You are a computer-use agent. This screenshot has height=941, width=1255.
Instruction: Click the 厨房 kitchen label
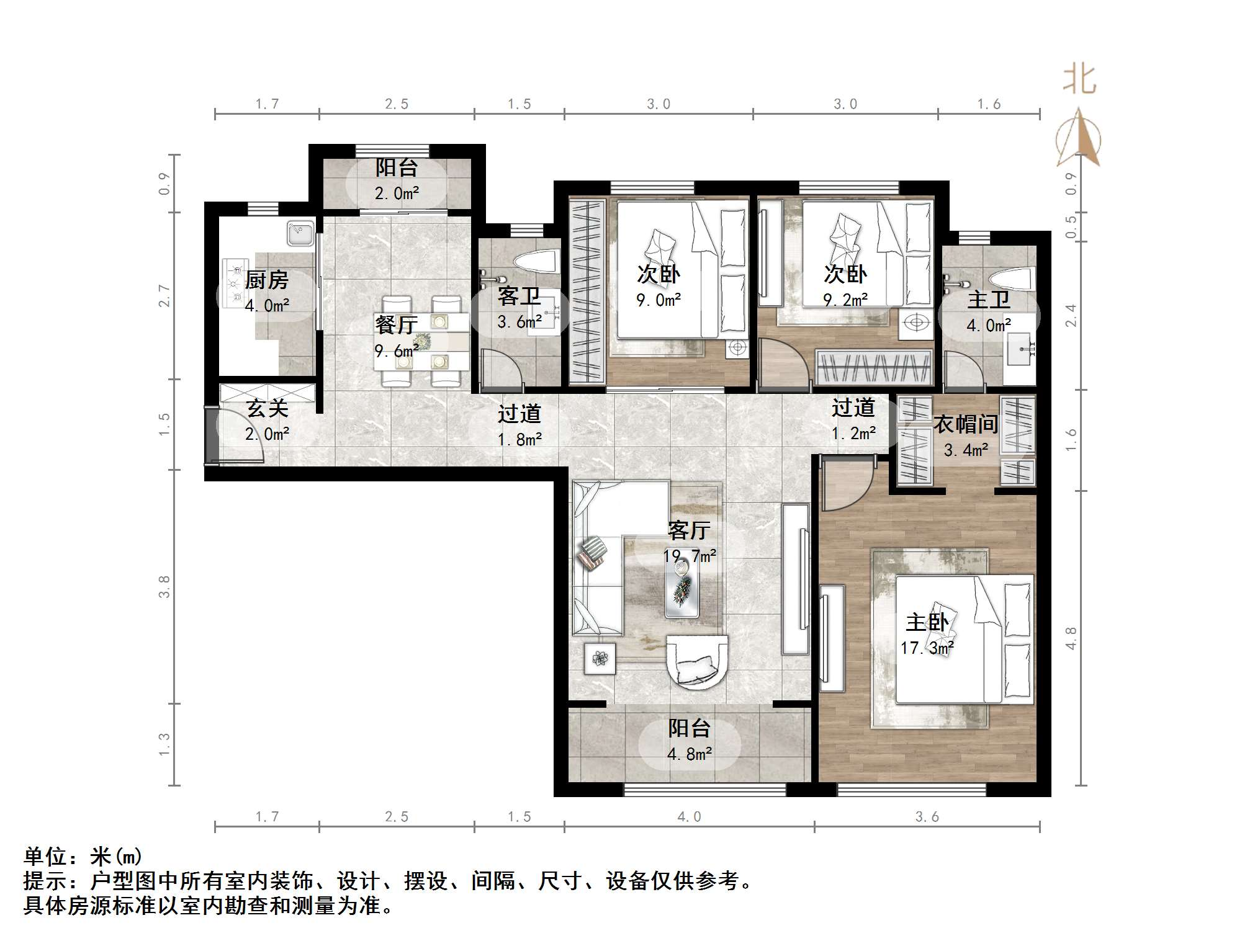(x=266, y=280)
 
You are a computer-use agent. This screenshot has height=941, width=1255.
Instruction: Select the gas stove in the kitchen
(x=235, y=284)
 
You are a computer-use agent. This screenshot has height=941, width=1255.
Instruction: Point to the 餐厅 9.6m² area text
(x=396, y=351)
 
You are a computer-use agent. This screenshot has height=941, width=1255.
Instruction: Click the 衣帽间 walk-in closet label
(x=965, y=424)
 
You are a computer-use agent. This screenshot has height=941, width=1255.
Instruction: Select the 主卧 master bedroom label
(x=927, y=622)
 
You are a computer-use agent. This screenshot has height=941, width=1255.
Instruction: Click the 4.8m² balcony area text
(x=689, y=754)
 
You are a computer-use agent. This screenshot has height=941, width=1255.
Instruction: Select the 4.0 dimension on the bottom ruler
(x=689, y=816)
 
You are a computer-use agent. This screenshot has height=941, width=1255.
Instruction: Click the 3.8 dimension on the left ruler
(x=164, y=586)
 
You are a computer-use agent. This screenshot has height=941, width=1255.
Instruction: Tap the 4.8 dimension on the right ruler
(x=1071, y=638)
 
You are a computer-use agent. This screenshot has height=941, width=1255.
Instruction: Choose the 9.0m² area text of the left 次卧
(x=659, y=301)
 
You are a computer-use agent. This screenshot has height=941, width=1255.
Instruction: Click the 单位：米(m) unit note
(x=83, y=857)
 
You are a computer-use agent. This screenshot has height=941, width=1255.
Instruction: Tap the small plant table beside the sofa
(x=600, y=658)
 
